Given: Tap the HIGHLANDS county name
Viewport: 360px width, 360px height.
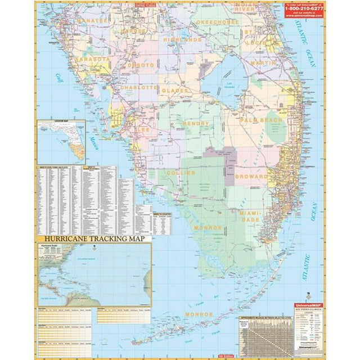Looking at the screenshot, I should [x=182, y=40].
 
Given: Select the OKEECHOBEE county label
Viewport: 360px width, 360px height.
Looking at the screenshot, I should [x=217, y=21].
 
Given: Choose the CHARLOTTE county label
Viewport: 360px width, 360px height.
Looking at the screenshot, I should [x=138, y=88].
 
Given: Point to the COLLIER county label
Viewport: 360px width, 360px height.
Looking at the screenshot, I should [x=181, y=173].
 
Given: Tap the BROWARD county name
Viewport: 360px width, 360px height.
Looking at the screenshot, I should [x=251, y=177].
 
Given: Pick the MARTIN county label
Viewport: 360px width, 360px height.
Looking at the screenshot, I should [x=263, y=63].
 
